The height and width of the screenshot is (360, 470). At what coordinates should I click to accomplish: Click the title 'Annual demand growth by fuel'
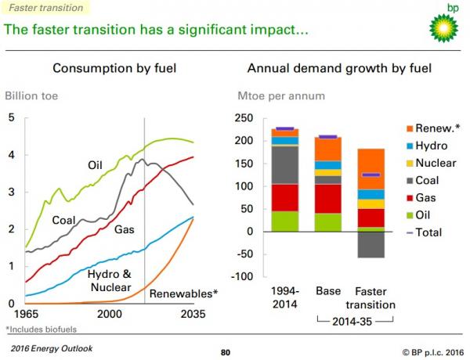coord(339,68)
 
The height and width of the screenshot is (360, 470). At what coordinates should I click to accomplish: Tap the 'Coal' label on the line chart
coord(64,221)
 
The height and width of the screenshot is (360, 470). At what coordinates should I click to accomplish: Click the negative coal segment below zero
coord(371,244)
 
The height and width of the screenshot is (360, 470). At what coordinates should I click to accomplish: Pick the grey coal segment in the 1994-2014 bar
coord(284,164)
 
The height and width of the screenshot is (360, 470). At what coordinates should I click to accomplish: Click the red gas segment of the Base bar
coord(327,199)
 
